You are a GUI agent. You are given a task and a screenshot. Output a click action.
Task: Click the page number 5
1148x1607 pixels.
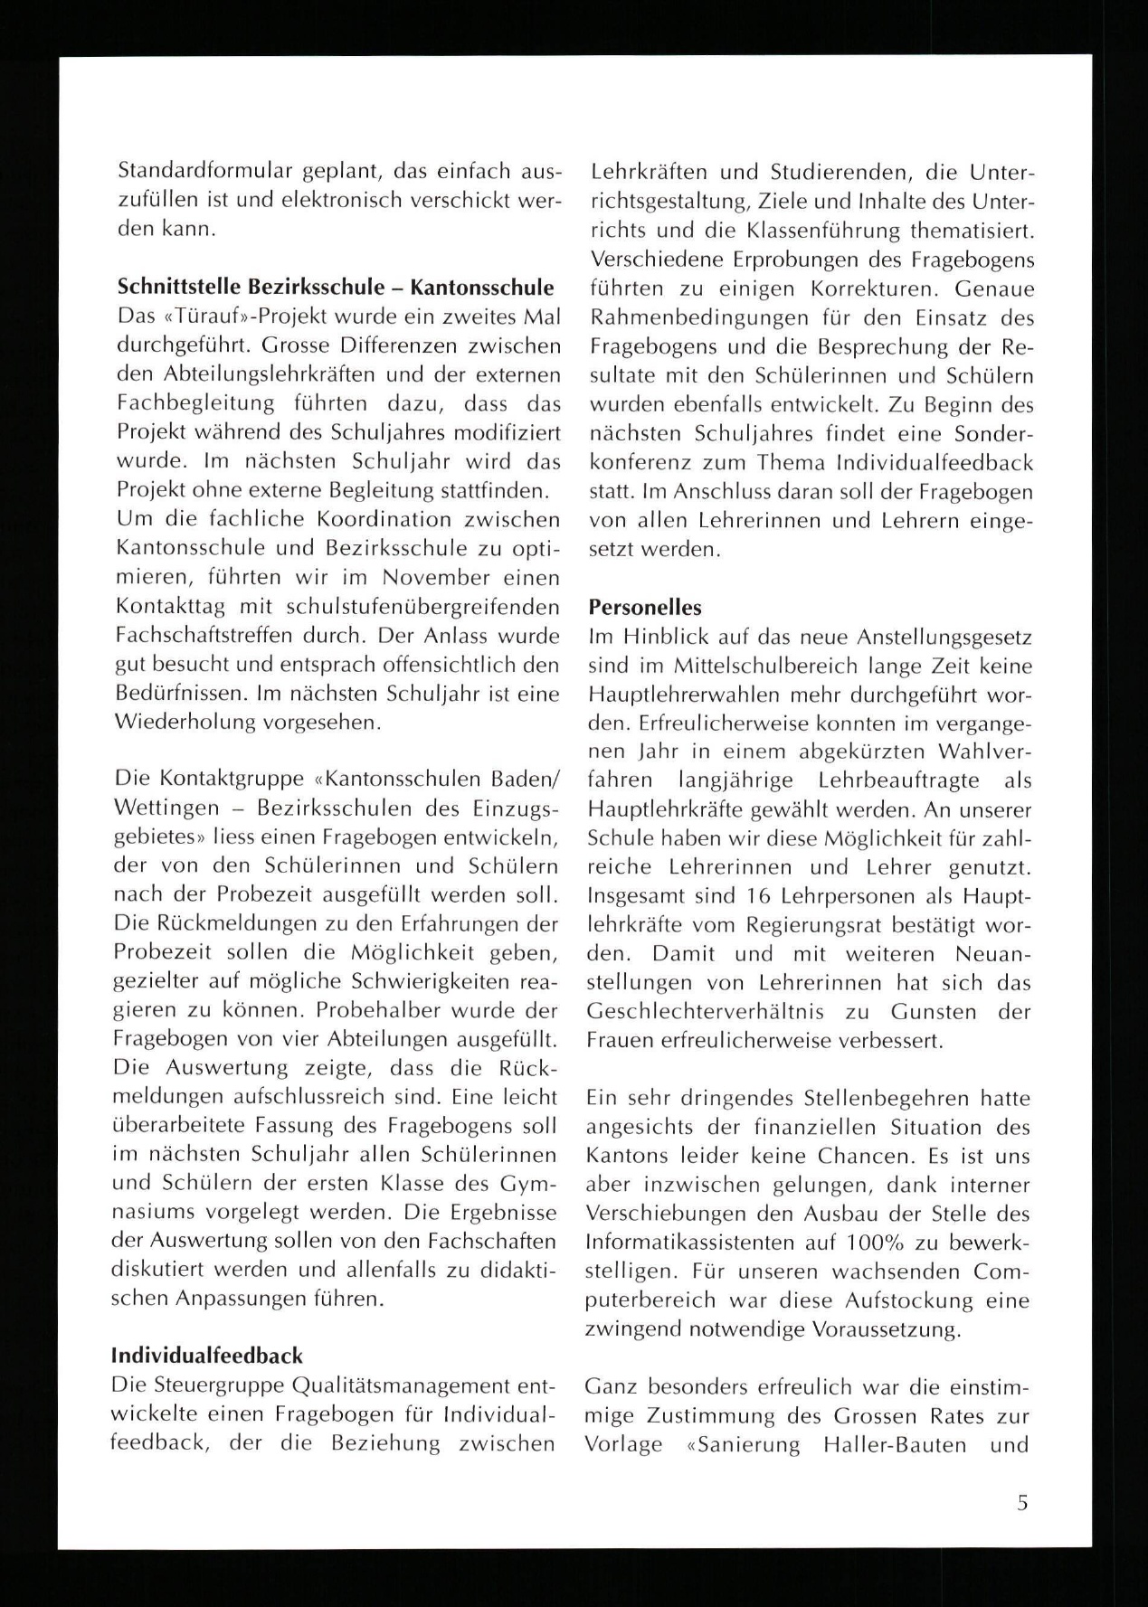(x=1022, y=1503)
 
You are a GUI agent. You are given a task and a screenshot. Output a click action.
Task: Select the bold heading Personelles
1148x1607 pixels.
(x=645, y=607)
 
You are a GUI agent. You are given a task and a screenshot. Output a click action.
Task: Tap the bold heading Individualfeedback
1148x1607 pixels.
(x=207, y=1356)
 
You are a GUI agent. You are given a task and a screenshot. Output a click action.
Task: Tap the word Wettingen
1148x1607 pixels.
(x=166, y=808)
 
